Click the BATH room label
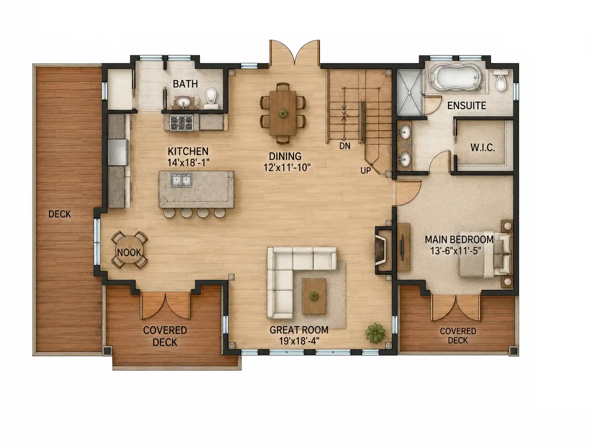[x=185, y=84]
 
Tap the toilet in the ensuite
[x=500, y=79]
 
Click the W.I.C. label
[x=482, y=148]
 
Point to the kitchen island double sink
[x=181, y=180]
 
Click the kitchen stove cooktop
[x=182, y=123]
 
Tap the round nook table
[x=129, y=250]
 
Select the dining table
[x=283, y=113]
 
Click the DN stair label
[x=344, y=146]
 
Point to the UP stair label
[x=366, y=170]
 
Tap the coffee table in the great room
[x=314, y=296]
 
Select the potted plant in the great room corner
[x=375, y=333]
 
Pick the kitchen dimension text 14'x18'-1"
[x=188, y=163]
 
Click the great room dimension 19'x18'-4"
[x=299, y=341]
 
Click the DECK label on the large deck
[x=60, y=214]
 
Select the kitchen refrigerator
[x=118, y=152]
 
